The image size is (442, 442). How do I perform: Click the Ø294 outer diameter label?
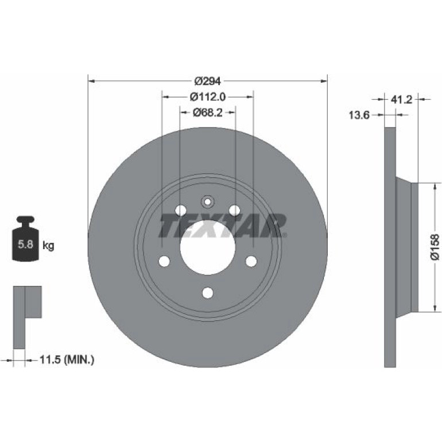tap(208, 81)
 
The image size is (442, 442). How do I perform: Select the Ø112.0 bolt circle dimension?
tap(208, 97)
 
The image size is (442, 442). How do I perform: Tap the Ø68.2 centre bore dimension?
tap(208, 113)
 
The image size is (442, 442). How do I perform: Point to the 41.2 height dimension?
tap(401, 99)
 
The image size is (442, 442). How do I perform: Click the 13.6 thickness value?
tap(359, 115)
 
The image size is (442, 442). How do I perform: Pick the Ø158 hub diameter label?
tap(435, 247)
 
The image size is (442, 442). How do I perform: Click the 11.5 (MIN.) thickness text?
tap(67, 360)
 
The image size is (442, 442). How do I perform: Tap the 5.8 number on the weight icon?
tap(26, 244)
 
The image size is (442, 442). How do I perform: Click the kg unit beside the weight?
tap(48, 246)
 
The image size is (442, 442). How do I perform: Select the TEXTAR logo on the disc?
tap(223, 225)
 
